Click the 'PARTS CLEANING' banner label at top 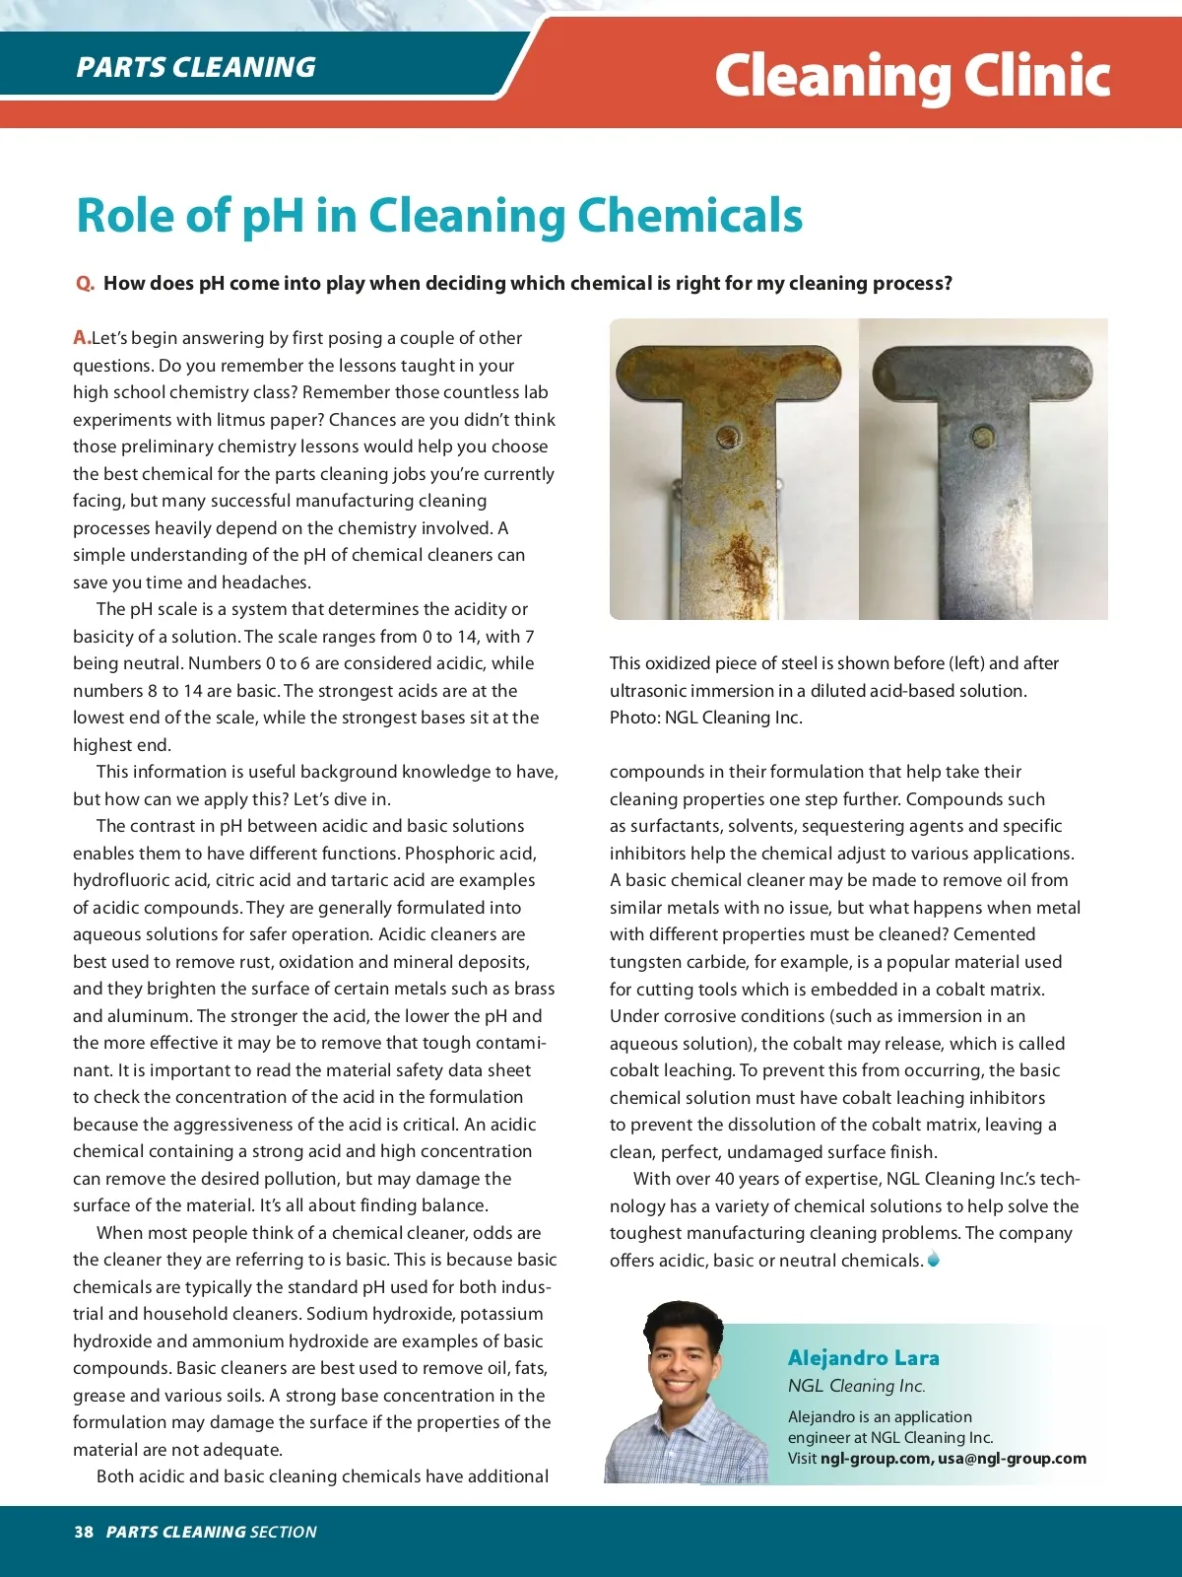196,67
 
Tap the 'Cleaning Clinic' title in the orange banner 912,76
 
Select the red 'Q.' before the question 85,284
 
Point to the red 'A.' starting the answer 82,338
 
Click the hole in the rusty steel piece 727,435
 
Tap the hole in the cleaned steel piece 981,435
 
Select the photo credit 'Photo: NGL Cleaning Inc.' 705,718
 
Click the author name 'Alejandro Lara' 863,1358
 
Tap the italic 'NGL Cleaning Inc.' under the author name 856,1386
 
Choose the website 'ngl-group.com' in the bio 875,1459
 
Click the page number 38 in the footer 84,1532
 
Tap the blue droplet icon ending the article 934,1260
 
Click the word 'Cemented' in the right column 995,934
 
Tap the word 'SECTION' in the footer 284,1532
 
